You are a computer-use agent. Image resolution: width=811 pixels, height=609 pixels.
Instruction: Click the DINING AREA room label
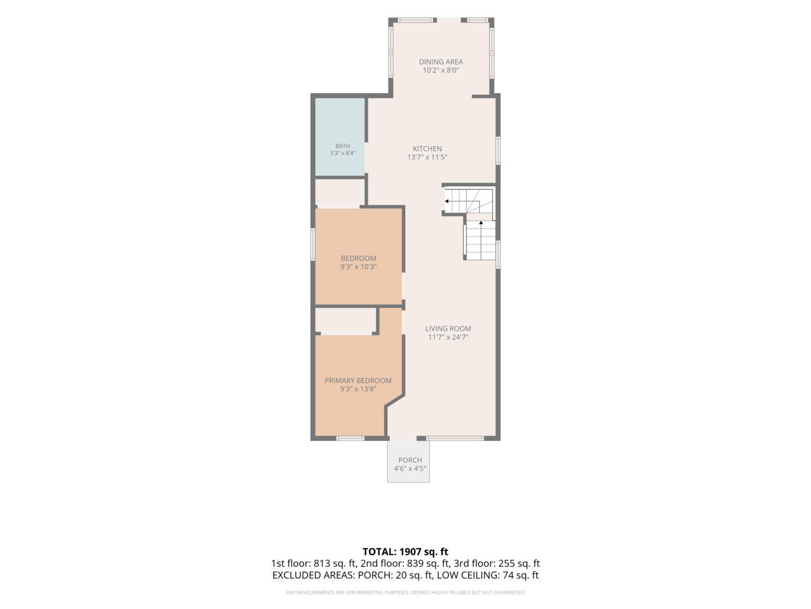pos(440,62)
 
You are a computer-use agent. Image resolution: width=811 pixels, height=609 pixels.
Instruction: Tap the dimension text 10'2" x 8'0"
pos(440,70)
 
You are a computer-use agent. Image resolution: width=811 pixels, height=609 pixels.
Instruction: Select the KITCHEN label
pos(427,149)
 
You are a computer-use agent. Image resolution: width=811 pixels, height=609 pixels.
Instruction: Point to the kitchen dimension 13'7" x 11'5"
pos(427,157)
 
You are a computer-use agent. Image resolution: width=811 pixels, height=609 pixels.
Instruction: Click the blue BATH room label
pos(342,146)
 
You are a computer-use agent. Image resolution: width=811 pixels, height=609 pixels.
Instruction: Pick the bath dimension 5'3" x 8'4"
pos(342,153)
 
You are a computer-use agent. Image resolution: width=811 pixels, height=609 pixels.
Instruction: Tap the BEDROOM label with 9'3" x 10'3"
pos(358,258)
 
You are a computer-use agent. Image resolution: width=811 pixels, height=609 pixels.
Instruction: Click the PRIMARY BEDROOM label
pos(358,381)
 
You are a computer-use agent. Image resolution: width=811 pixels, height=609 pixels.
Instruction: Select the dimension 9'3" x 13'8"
pos(358,389)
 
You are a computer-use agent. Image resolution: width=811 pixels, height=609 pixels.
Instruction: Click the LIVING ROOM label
pos(448,329)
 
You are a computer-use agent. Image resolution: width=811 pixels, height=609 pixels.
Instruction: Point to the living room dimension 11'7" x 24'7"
pos(448,337)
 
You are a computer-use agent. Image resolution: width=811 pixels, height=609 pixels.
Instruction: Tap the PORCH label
pos(410,460)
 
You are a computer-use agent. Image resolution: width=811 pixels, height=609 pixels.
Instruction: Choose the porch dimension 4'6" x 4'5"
pos(410,469)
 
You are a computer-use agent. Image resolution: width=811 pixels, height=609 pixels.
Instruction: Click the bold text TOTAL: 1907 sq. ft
pos(405,551)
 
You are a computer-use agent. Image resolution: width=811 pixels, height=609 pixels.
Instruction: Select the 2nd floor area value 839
pos(415,563)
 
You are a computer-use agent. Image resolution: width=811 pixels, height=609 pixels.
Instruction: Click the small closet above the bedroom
pos(340,192)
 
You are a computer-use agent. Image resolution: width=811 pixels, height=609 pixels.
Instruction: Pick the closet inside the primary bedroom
pos(345,320)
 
